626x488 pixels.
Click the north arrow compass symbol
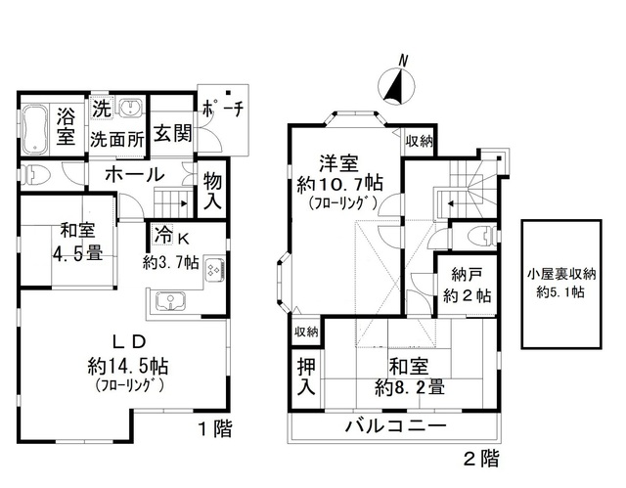(396, 85)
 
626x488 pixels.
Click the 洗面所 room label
(116, 139)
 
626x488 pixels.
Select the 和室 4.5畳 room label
(75, 242)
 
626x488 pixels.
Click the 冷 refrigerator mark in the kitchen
(161, 238)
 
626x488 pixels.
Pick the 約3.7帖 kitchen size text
(171, 263)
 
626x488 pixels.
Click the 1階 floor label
(215, 429)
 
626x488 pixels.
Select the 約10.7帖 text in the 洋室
(340, 184)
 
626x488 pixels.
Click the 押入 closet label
(305, 377)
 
